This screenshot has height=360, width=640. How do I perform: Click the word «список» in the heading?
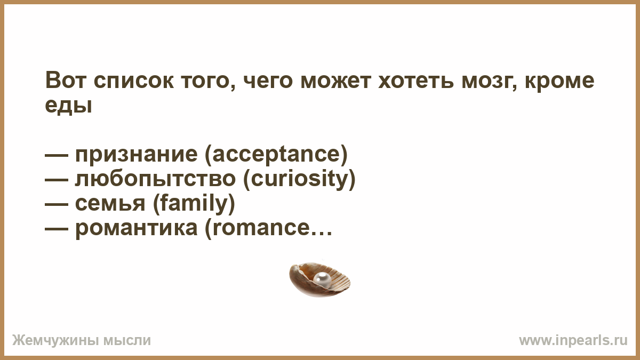[x=133, y=82]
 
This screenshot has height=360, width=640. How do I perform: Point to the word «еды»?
[x=69, y=106]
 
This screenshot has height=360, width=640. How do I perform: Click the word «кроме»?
[x=559, y=82]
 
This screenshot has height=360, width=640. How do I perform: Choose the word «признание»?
[x=137, y=155]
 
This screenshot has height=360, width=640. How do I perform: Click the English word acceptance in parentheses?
[x=276, y=155]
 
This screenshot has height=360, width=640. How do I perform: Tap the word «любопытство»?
[x=155, y=180]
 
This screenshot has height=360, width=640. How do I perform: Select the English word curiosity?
[x=299, y=180]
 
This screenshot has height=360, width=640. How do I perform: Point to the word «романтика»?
[x=137, y=229]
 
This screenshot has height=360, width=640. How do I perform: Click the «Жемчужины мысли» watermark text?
[x=82, y=341]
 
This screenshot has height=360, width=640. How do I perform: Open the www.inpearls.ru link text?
[x=573, y=341]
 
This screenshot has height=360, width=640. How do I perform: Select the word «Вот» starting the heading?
[x=66, y=81]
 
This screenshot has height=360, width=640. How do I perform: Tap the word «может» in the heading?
[x=335, y=82]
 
